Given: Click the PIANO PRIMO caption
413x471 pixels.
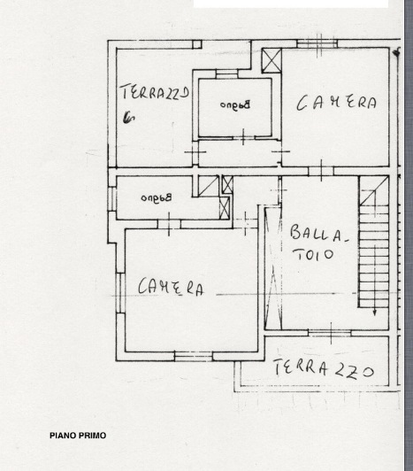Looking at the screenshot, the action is point(78,436).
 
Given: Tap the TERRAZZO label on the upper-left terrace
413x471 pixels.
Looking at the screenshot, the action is point(155,92).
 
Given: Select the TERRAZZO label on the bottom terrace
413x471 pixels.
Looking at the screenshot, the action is point(324,368).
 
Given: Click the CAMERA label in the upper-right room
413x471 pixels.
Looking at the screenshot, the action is point(336,103).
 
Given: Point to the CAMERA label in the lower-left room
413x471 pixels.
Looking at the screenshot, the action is point(171,287).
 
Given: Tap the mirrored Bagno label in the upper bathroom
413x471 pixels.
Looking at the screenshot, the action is point(235,104).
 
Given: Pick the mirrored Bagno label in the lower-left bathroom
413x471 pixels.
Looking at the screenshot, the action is point(156,197).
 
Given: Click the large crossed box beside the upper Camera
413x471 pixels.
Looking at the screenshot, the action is point(272,60).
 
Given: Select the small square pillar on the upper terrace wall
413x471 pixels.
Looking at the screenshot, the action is point(197,44).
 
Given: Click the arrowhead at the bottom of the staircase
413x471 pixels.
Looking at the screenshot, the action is point(375,313).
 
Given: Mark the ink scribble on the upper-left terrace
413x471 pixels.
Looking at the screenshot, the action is point(128,118).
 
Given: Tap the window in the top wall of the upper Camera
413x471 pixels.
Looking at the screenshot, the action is point(317,44).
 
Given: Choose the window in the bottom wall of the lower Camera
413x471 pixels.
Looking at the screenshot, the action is point(194,356).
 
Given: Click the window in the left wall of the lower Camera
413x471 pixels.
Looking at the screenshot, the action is point(120,293).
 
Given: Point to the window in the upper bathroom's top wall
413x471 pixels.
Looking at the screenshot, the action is point(226,73).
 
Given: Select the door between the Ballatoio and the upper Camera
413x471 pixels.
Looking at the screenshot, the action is point(321,171).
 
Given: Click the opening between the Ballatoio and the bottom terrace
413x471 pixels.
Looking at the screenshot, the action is point(330,333).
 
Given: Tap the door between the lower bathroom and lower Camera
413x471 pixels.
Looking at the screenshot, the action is point(169,224).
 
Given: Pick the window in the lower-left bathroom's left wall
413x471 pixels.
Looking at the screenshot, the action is point(112,199).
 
